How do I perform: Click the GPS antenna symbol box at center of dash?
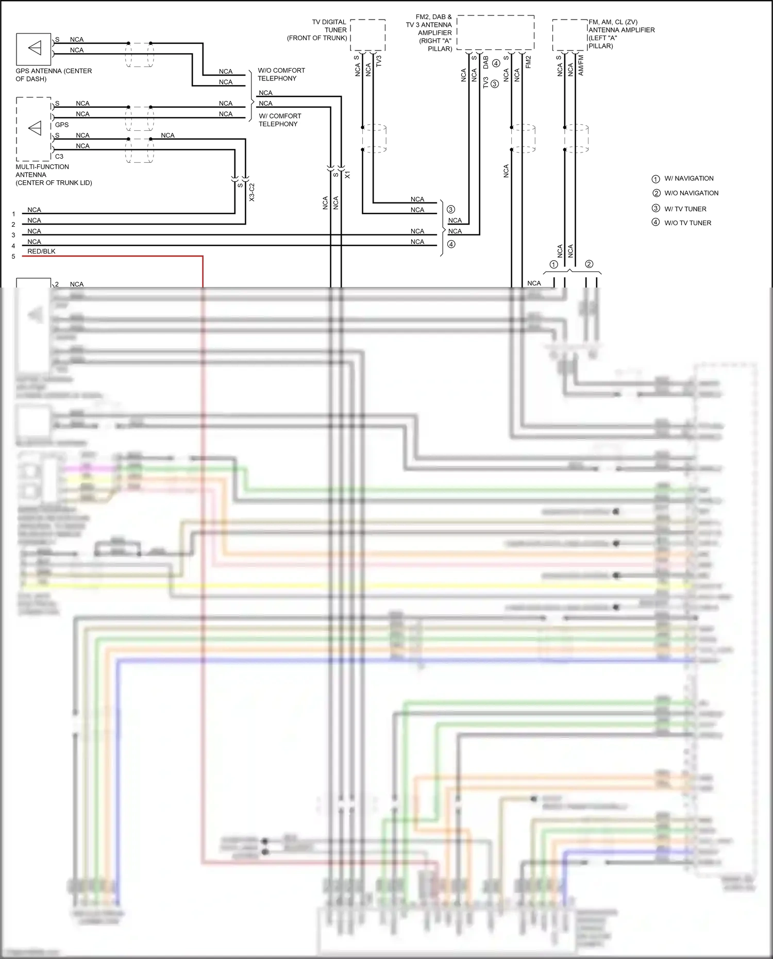pos(33,49)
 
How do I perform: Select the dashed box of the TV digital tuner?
pos(368,35)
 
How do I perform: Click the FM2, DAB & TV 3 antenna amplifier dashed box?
pos(495,33)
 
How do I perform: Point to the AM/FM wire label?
pos(581,65)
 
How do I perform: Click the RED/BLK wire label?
pos(41,251)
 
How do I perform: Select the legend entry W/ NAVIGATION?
pos(688,179)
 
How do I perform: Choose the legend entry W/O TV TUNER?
pos(687,223)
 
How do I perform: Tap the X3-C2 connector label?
pos(252,192)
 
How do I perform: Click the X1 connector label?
pos(347,175)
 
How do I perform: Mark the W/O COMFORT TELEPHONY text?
pos(281,74)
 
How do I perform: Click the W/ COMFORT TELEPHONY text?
pos(279,120)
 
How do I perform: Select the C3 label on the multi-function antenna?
pos(59,157)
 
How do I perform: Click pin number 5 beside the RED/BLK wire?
pos(13,257)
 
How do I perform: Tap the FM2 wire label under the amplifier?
pos(528,62)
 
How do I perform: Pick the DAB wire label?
pos(485,62)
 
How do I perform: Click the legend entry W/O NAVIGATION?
pos(691,193)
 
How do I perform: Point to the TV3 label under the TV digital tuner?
pos(379,61)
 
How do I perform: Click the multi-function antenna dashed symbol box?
pos(33,129)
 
